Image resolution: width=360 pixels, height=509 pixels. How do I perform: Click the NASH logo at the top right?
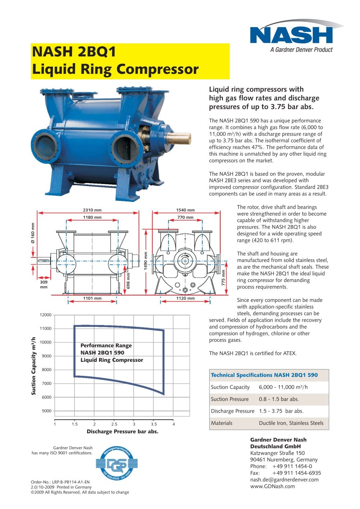(291, 35)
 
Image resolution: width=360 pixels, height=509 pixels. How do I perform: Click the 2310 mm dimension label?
(92, 210)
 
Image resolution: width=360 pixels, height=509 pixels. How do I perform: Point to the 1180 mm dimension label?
(92, 217)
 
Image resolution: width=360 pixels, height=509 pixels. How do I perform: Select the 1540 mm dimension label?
(185, 210)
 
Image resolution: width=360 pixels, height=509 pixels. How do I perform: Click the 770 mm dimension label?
(185, 217)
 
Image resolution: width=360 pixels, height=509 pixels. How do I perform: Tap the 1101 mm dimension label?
(92, 298)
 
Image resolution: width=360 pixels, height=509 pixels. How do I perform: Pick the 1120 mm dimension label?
(185, 298)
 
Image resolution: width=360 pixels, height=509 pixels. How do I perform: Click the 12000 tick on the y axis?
(46, 315)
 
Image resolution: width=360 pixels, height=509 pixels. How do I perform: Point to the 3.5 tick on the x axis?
(154, 424)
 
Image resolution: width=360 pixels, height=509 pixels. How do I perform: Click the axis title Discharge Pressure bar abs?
(122, 431)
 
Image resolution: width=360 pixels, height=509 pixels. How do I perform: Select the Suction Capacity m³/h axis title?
(34, 366)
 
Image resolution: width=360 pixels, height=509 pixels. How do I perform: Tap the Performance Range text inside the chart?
(106, 346)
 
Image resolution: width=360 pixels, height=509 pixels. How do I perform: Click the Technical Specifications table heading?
(264, 375)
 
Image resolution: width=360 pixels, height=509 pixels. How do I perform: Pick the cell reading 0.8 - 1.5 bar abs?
(279, 399)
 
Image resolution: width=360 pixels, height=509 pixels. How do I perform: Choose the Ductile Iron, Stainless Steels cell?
(291, 423)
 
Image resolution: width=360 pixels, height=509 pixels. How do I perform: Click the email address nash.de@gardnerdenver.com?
(284, 479)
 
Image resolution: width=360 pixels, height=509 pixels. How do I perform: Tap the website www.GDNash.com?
(272, 486)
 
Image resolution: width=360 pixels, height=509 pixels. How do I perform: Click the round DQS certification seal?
(117, 464)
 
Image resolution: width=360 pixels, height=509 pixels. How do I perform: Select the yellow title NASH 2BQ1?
(74, 52)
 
